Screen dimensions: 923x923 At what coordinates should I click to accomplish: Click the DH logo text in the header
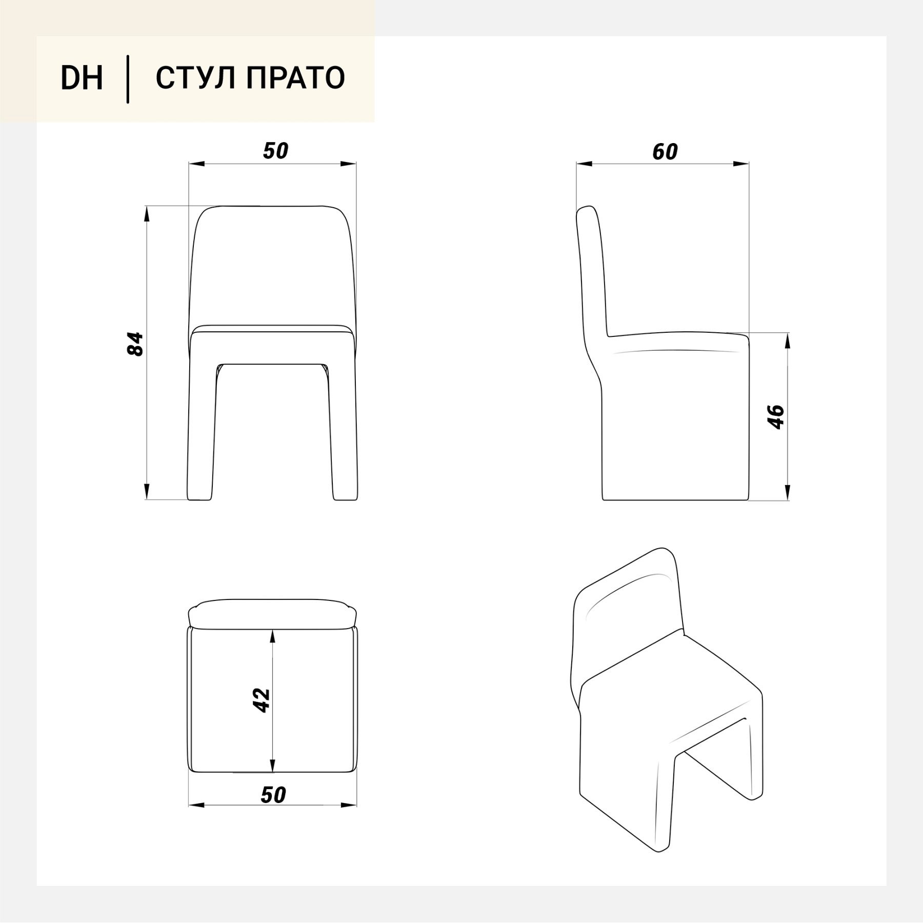pos(82,78)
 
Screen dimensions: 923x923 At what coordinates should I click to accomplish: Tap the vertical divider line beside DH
pos(128,79)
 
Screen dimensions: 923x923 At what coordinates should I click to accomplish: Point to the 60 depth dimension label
pos(665,152)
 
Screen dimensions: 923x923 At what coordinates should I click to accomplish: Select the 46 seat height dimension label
pos(776,417)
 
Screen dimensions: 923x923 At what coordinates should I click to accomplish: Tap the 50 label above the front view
pos(276,151)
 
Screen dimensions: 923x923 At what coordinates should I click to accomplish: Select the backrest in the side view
pos(593,272)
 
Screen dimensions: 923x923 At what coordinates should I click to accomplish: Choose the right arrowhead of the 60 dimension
pos(741,164)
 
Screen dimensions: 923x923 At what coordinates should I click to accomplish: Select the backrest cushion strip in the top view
pos(272,613)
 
